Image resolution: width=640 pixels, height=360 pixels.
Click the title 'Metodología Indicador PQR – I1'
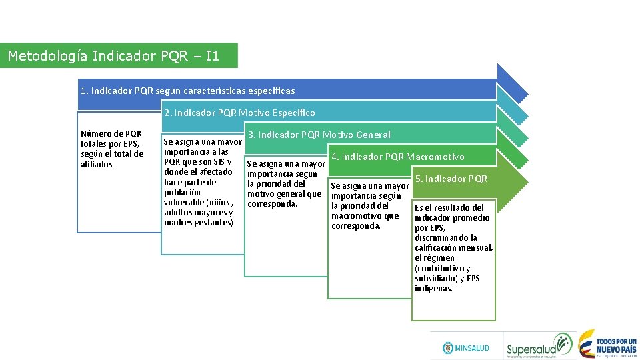click(x=113, y=56)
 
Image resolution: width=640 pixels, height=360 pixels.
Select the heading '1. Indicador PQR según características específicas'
click(x=187, y=91)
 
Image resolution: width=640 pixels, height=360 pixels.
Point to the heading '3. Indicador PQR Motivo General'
click(x=319, y=135)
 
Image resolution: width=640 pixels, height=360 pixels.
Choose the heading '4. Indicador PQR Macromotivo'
click(x=398, y=157)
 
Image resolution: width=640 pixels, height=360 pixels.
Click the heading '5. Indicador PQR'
click(x=451, y=179)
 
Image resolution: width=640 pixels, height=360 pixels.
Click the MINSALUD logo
click(x=466, y=348)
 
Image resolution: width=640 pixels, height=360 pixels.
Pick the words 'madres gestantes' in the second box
click(x=199, y=223)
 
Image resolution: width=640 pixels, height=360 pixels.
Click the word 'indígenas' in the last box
click(x=433, y=289)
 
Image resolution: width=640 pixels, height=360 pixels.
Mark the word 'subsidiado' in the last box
click(x=437, y=279)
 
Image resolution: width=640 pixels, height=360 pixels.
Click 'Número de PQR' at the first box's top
click(x=111, y=134)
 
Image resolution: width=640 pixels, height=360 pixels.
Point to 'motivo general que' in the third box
click(x=284, y=194)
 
